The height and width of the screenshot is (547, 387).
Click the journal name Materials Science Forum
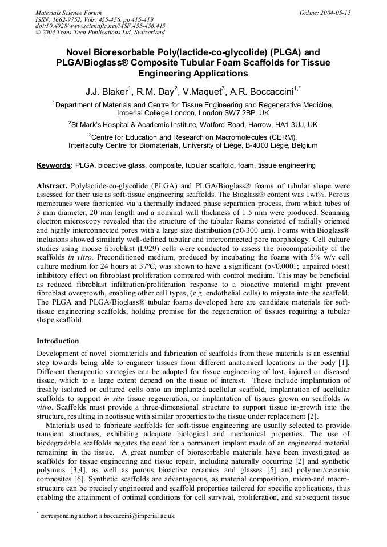tap(68, 12)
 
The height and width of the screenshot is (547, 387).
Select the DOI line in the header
tap(100, 26)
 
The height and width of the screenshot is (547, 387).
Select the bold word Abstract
tap(52, 187)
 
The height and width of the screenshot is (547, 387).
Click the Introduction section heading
tap(58, 341)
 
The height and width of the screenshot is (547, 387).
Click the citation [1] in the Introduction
tap(345, 363)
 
